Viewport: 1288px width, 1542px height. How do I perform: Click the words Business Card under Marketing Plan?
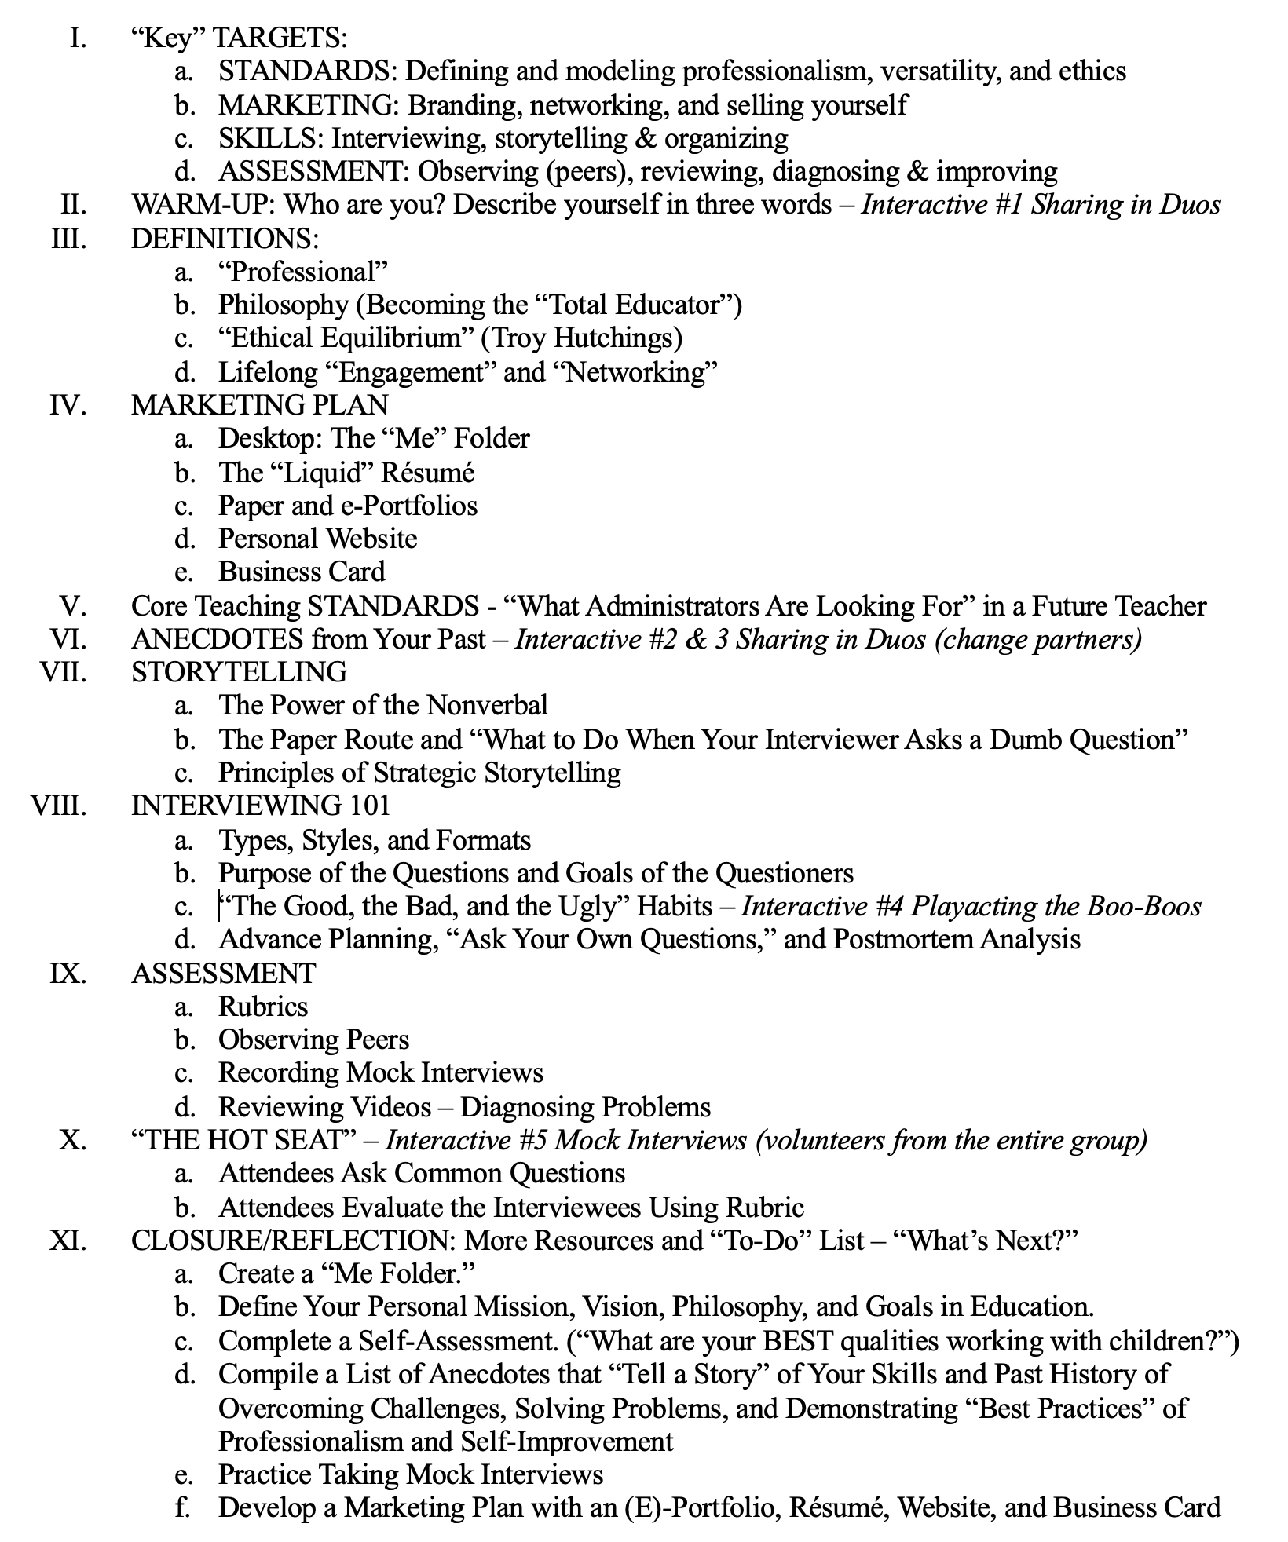(x=302, y=572)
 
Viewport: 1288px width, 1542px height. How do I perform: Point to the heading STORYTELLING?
(x=239, y=672)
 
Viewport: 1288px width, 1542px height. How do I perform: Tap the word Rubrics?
(x=263, y=1007)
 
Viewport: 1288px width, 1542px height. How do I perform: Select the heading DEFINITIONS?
(x=225, y=238)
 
